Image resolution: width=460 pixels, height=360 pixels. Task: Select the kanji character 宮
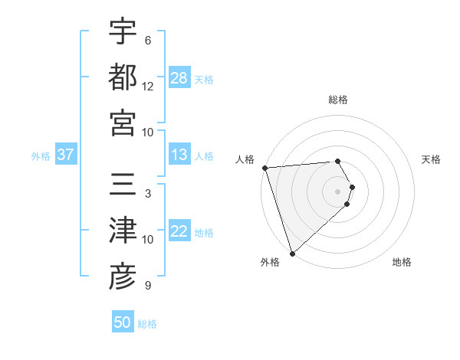123,122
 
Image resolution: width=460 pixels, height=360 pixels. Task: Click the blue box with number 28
179,78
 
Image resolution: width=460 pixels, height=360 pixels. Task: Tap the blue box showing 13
179,155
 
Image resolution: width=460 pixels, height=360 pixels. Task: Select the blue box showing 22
179,232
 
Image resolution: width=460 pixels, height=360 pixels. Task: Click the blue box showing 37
65,155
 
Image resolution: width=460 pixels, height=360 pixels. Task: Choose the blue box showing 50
123,322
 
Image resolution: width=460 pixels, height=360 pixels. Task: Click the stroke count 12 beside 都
148,86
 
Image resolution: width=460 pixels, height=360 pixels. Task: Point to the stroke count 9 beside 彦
148,286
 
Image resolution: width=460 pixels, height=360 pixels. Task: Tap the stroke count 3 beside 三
148,194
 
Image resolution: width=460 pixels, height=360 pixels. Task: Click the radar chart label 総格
338,100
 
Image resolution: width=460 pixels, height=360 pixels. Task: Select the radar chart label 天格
431,159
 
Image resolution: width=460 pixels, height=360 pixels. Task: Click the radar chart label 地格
402,262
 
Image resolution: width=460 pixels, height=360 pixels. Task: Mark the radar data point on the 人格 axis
264,168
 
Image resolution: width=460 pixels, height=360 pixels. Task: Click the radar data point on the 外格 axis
292,252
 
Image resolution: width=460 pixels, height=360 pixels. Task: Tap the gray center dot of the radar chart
338,191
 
